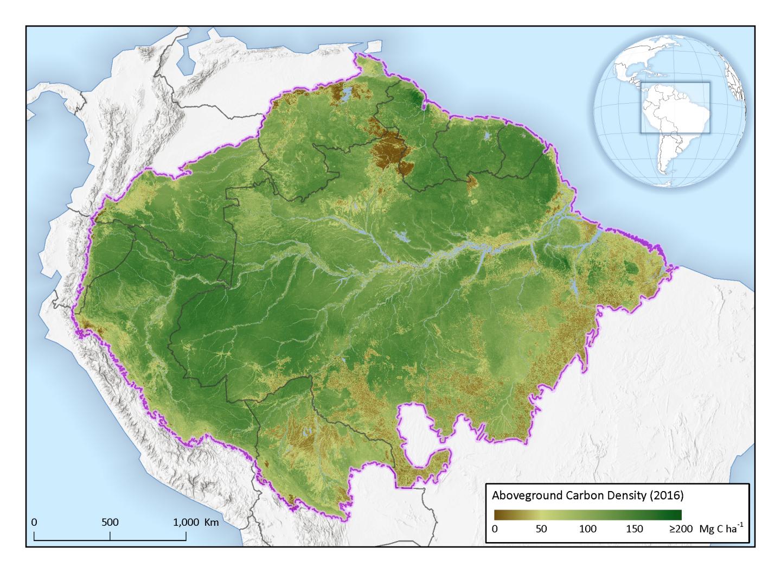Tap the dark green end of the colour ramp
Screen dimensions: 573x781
pyautogui.click(x=675, y=514)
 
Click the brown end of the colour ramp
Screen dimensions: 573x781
pyautogui.click(x=499, y=514)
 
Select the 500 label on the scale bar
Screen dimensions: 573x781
pyautogui.click(x=110, y=522)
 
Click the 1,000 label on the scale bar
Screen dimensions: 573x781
pyautogui.click(x=186, y=522)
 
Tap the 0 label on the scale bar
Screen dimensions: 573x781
pyautogui.click(x=34, y=522)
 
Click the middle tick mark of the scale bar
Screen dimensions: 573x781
pyautogui.click(x=110, y=536)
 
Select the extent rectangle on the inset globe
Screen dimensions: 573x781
pyautogui.click(x=675, y=107)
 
